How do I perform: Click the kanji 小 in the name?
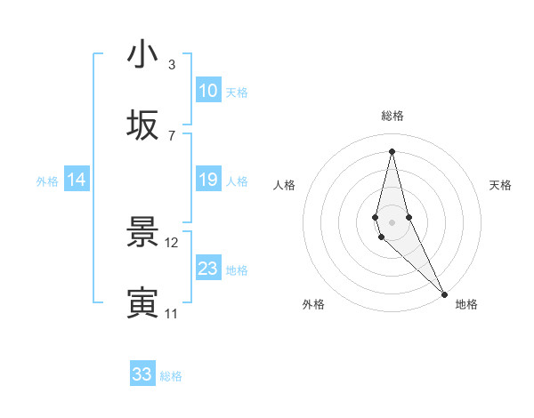(x=142, y=55)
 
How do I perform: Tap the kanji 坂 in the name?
(x=142, y=126)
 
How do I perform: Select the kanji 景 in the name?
(x=142, y=233)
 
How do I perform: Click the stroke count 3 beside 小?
(x=171, y=64)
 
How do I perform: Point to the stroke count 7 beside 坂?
(x=171, y=135)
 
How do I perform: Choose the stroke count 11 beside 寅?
(x=172, y=313)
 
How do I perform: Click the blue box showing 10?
(x=207, y=91)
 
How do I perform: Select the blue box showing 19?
(x=207, y=180)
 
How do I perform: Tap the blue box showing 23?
(x=207, y=269)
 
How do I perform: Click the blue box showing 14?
(x=77, y=180)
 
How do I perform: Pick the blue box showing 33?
(x=142, y=374)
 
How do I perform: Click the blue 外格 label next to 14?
(x=47, y=181)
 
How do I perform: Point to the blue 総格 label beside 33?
(x=171, y=376)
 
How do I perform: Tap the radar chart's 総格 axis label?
(x=392, y=116)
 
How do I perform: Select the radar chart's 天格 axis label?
(x=500, y=185)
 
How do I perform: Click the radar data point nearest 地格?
(x=444, y=293)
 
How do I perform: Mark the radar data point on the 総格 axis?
(x=392, y=151)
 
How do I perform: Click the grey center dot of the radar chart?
(x=392, y=221)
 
